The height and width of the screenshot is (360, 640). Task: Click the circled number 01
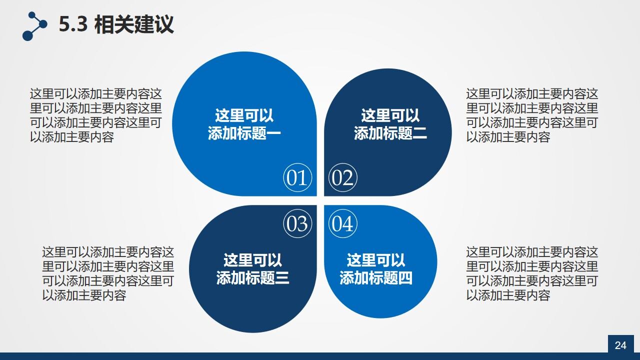(x=297, y=178)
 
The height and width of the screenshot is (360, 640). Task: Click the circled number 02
(x=343, y=178)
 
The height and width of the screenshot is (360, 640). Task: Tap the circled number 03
(x=297, y=223)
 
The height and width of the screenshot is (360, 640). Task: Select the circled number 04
(x=343, y=223)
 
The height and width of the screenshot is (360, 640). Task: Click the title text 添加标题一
(x=244, y=133)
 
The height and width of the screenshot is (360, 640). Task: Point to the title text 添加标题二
(x=390, y=133)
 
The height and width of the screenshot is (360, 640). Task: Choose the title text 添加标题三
(x=253, y=278)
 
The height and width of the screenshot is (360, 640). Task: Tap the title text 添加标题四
(x=376, y=278)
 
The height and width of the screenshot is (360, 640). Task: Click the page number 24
(x=620, y=345)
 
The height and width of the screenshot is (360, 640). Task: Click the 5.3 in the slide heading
(x=73, y=24)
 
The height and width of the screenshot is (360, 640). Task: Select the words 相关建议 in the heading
(x=134, y=24)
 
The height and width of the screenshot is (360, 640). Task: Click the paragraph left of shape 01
(x=96, y=115)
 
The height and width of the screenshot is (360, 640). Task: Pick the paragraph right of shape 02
(x=532, y=115)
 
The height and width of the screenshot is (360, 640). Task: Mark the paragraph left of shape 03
(x=108, y=273)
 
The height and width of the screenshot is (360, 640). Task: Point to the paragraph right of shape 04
(x=532, y=273)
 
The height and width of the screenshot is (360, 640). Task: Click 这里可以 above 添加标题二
(x=390, y=116)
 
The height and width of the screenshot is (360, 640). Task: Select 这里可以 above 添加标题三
(x=253, y=260)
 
